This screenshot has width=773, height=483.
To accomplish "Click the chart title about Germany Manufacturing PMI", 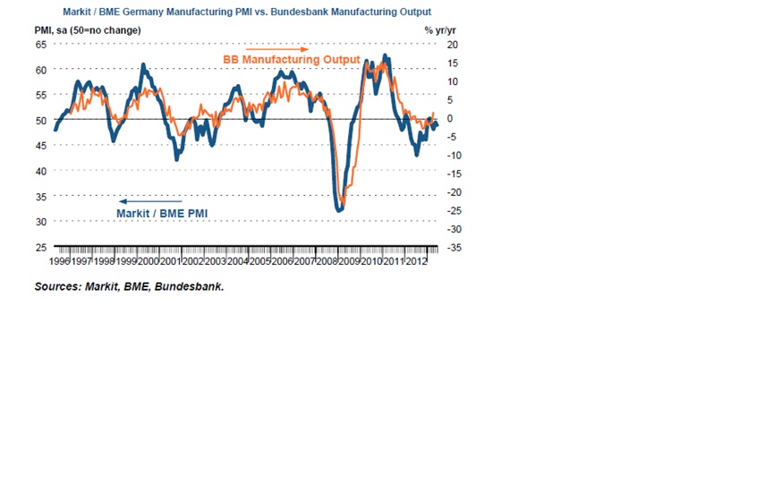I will (x=246, y=13).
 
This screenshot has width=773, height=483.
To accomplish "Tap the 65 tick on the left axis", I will (x=41, y=45).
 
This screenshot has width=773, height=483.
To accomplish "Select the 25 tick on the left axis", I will (x=41, y=247).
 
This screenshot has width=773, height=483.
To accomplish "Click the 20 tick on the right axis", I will (x=452, y=45).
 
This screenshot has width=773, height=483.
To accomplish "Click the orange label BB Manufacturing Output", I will (x=291, y=60).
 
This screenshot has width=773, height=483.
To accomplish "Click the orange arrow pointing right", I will (x=277, y=48).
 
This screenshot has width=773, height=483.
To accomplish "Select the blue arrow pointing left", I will (x=150, y=201).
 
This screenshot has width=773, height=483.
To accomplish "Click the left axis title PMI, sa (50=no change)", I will (x=88, y=30).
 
